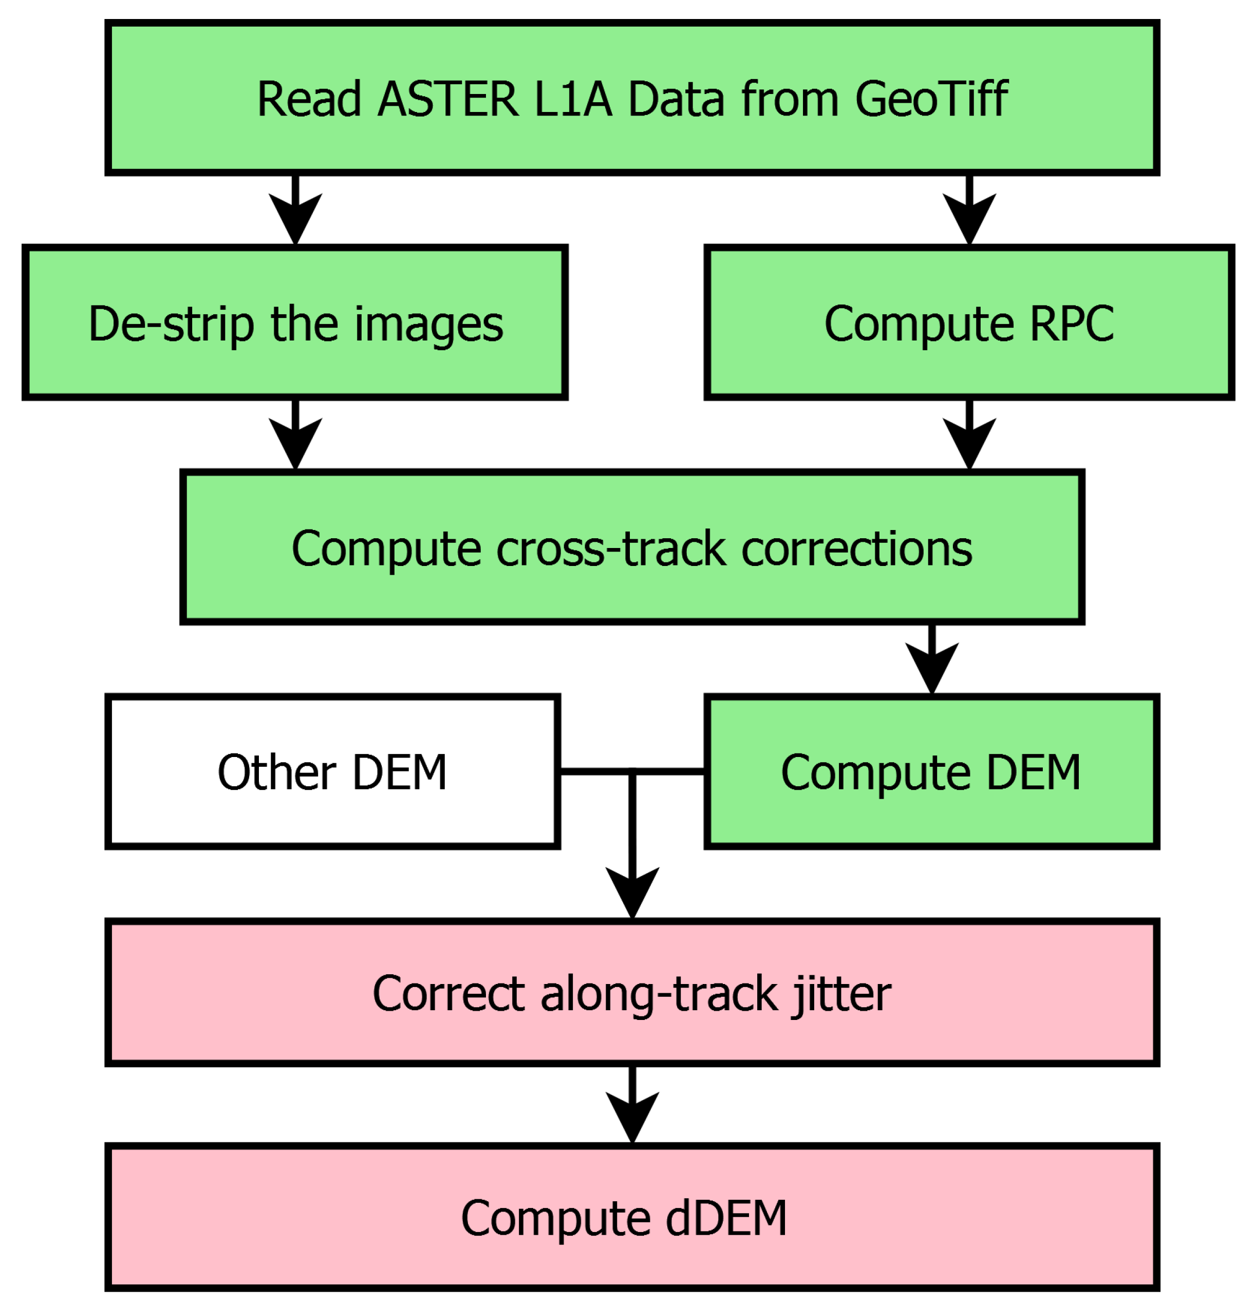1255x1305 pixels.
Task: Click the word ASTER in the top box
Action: click(447, 99)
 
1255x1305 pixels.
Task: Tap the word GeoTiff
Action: click(931, 99)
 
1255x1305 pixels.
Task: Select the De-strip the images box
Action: click(294, 323)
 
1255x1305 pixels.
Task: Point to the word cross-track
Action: click(610, 550)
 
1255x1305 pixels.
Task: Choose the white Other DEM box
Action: click(332, 772)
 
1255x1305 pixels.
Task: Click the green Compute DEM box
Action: click(931, 772)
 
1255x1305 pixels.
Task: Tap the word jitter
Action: click(840, 994)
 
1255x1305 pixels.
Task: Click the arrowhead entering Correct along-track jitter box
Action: click(632, 892)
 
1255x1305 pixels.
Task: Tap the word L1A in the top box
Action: click(573, 99)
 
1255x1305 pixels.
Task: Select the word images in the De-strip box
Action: click(428, 325)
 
